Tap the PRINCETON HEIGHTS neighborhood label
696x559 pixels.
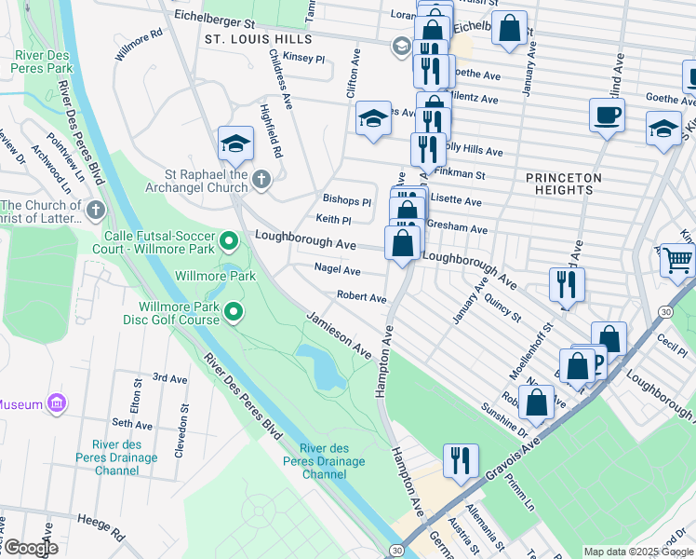pos(563,184)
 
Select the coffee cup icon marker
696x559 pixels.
pos(607,116)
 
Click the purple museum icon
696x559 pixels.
pos(58,403)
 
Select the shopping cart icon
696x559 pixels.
pos(678,260)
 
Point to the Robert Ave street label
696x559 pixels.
pos(361,298)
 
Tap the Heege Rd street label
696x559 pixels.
pos(101,527)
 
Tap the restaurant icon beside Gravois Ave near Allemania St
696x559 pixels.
pos(460,459)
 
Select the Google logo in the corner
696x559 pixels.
pos(30,548)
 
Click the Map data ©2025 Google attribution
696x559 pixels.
pos(637,552)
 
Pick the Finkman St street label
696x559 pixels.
pos(462,174)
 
